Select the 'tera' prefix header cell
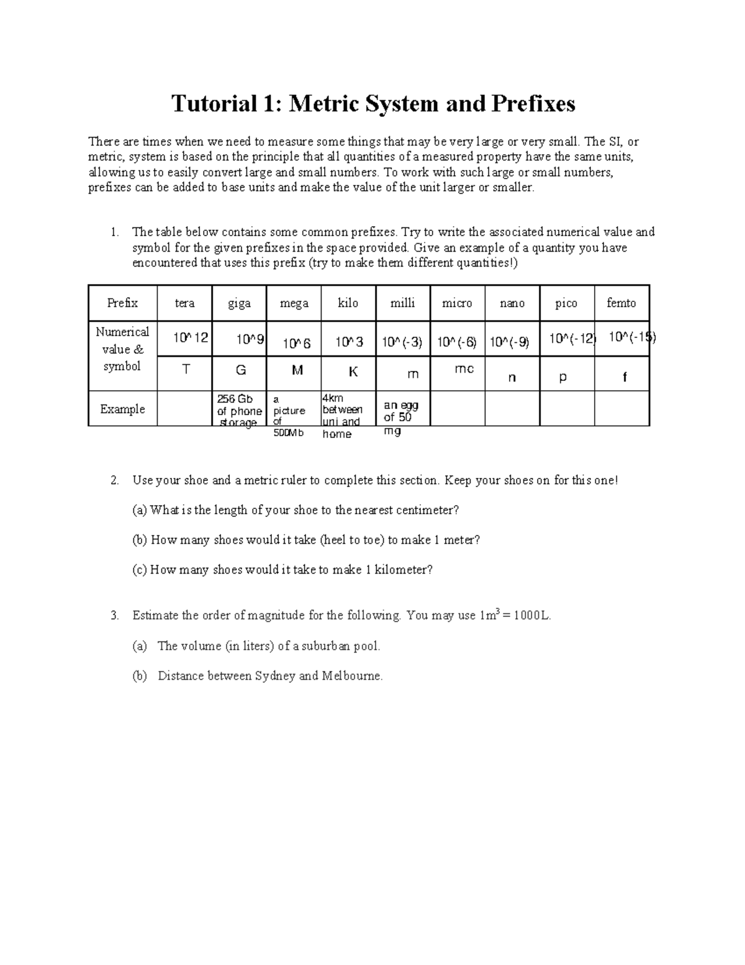[x=184, y=303]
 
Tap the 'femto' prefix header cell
[x=621, y=303]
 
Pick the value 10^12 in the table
[x=191, y=338]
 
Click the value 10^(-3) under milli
[x=402, y=342]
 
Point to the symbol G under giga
[x=240, y=370]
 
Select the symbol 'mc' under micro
[x=464, y=369]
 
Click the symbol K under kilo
[x=353, y=372]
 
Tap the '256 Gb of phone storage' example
[x=238, y=411]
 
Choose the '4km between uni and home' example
[x=342, y=416]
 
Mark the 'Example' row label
[x=122, y=409]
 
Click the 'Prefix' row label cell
[x=122, y=303]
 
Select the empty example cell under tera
[x=184, y=408]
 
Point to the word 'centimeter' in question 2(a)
[x=426, y=510]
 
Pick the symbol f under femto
[x=625, y=377]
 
